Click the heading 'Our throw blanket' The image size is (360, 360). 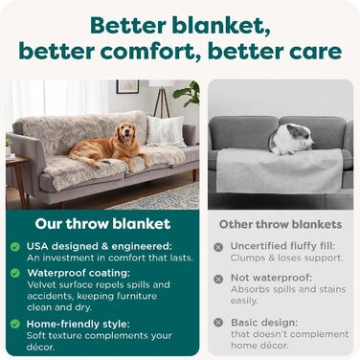pyautogui.click(x=102, y=225)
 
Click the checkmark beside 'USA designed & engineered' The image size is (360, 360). pyautogui.click(x=15, y=247)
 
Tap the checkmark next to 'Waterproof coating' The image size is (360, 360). pyautogui.click(x=15, y=273)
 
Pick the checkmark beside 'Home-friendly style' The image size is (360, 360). pyautogui.click(x=15, y=324)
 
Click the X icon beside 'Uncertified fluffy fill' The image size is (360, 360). pyautogui.click(x=218, y=247)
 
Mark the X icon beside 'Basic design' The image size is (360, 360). pyautogui.click(x=218, y=323)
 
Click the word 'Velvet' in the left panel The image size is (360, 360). pyautogui.click(x=43, y=284)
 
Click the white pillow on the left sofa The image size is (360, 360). pyautogui.click(x=165, y=129)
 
